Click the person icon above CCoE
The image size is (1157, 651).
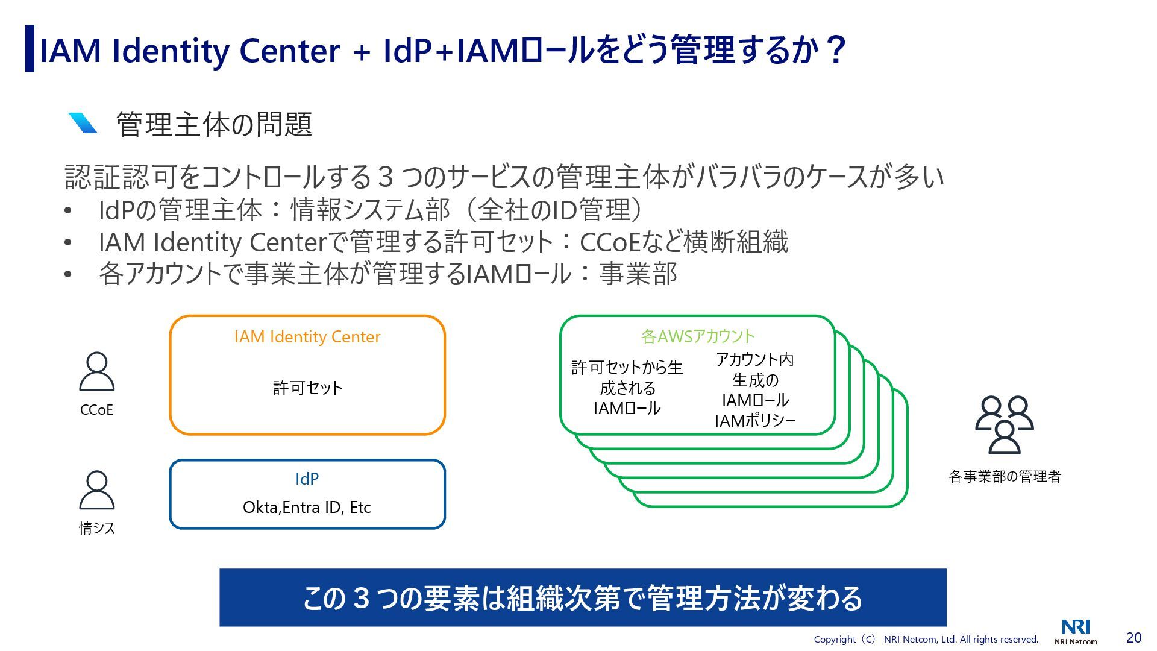(x=96, y=371)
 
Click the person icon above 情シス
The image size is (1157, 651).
(x=96, y=489)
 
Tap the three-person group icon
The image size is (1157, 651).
(x=1004, y=424)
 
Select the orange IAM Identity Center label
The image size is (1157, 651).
(x=307, y=336)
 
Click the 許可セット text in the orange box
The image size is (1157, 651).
(x=307, y=388)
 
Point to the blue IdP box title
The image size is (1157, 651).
(x=307, y=479)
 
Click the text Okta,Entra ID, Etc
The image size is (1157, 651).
(x=307, y=507)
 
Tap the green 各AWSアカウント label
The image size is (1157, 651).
(x=697, y=336)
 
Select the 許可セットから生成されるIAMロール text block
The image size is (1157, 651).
(x=627, y=388)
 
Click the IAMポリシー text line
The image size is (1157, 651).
(x=754, y=421)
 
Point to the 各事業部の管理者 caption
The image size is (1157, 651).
(x=1004, y=476)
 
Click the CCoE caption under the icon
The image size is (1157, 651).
(x=96, y=410)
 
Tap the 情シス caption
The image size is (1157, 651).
(x=96, y=528)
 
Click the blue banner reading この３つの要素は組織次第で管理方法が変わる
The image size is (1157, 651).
(x=583, y=597)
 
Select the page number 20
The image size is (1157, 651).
(x=1133, y=637)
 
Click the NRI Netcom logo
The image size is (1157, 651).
(x=1076, y=632)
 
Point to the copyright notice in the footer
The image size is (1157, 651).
(x=926, y=639)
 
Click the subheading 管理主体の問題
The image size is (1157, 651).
(x=214, y=124)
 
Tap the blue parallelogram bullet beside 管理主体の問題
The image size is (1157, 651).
(x=83, y=123)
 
